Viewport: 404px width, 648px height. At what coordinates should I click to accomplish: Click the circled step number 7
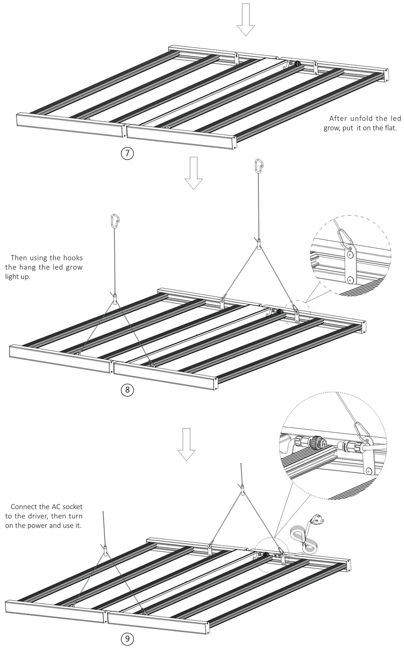coord(127,154)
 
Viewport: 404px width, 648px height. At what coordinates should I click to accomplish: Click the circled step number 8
coord(127,390)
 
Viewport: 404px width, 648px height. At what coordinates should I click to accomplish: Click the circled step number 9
coord(127,638)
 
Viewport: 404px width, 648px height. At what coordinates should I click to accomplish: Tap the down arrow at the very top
coord(246,19)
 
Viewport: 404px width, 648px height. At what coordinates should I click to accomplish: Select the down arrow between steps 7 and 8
coord(194,173)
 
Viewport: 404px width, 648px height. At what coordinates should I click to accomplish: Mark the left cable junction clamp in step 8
coord(114,297)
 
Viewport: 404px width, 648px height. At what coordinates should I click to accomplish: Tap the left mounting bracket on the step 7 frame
coord(237,59)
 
